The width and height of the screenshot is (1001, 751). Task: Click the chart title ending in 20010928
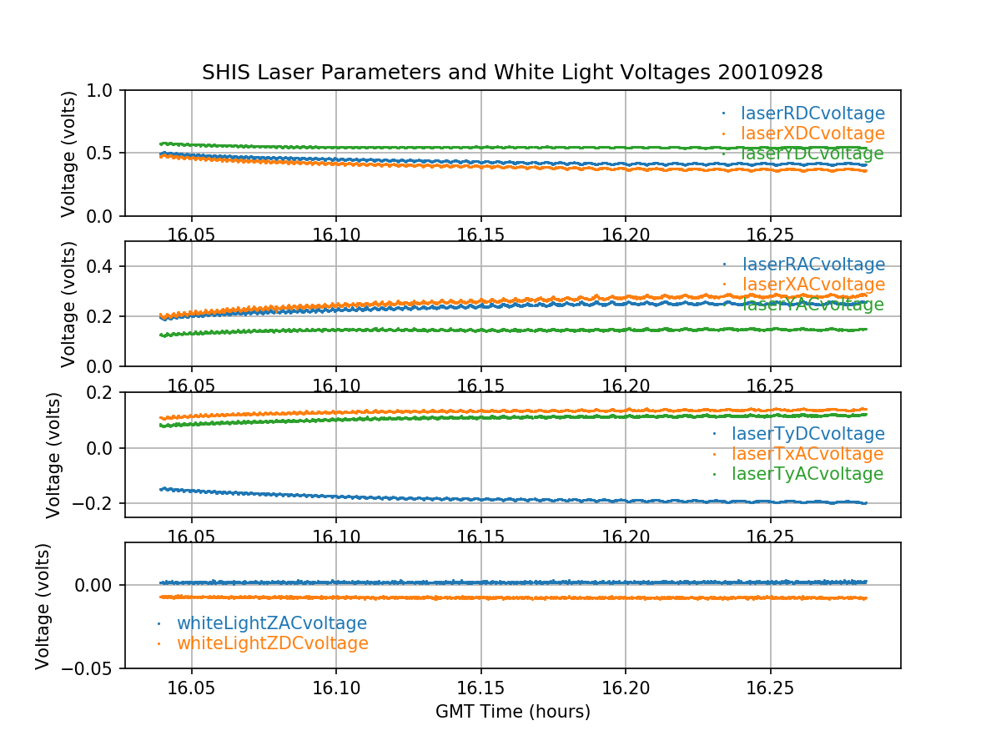click(x=512, y=73)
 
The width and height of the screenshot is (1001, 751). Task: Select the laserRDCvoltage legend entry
click(x=812, y=113)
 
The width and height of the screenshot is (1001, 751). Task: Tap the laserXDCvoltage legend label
click(x=812, y=134)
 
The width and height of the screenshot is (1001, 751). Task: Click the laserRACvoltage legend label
click(x=812, y=265)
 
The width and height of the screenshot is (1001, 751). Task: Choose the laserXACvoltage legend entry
click(x=812, y=285)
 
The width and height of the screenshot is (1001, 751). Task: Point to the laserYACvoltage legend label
click(x=812, y=305)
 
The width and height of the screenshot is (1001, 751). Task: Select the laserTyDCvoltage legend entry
click(x=807, y=434)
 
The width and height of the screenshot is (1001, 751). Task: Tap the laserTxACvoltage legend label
click(x=807, y=454)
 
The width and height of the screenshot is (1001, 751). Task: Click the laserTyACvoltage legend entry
click(x=807, y=474)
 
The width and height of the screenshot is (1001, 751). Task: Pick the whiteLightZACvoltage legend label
click(x=272, y=623)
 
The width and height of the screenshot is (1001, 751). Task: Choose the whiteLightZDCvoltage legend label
click(x=273, y=643)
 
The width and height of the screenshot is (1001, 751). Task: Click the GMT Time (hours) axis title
click(x=512, y=712)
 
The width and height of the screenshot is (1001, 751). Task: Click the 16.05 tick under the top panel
click(x=192, y=235)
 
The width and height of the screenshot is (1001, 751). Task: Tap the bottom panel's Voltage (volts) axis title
click(x=43, y=606)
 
